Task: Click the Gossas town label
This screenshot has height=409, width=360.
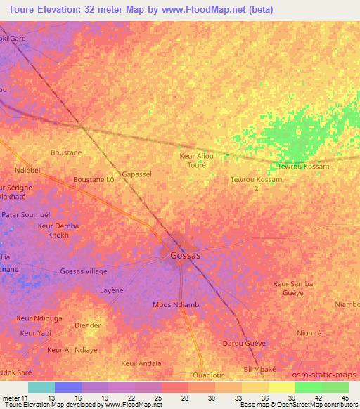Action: [185, 256]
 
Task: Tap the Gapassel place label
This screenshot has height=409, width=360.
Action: [136, 174]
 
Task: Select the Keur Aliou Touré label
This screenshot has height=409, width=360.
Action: [197, 160]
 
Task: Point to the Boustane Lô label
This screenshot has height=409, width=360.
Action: [94, 180]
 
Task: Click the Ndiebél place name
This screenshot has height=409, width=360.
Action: [29, 171]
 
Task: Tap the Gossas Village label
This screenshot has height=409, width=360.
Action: [84, 271]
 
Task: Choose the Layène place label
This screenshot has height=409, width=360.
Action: [111, 290]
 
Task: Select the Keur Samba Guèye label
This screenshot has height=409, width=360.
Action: [292, 287]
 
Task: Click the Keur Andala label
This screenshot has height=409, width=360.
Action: [141, 363]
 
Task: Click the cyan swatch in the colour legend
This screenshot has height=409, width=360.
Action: [41, 387]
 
